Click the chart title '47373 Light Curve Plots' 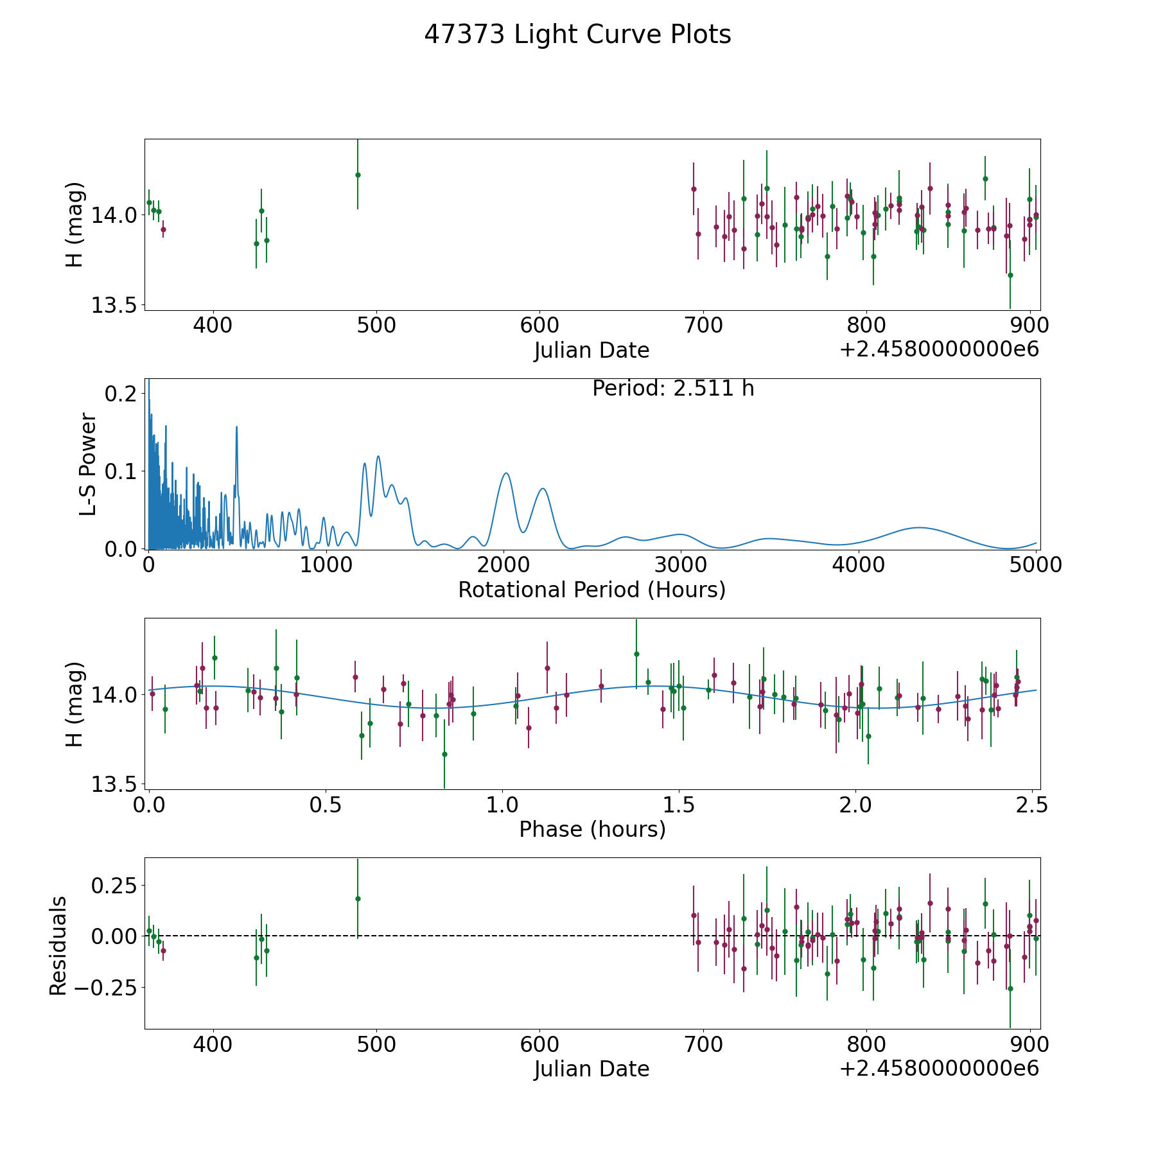tap(577, 35)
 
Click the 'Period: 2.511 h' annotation tap(673, 389)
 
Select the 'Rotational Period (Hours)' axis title tap(591, 590)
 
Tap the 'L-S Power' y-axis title tap(88, 464)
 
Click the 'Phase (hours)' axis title tap(592, 829)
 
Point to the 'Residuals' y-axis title tap(58, 946)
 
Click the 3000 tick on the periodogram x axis tap(681, 565)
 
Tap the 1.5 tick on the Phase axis tap(679, 805)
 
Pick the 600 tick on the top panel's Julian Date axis tap(539, 326)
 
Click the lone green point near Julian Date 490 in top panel tap(358, 175)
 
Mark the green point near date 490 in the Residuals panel tap(358, 898)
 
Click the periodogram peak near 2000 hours tap(506, 473)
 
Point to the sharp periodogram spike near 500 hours tap(236, 427)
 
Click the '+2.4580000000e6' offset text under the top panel tap(939, 350)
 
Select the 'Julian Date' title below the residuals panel tap(591, 1069)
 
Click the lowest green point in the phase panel tap(444, 754)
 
